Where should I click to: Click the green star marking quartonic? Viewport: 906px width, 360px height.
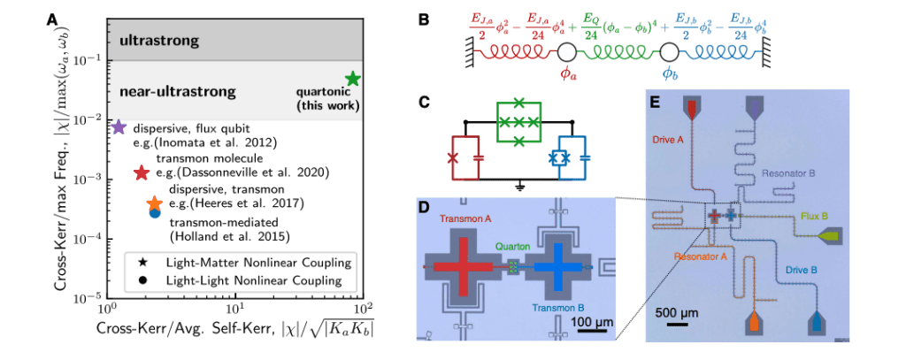coord(352,79)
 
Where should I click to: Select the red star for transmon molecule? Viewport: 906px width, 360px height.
coord(140,173)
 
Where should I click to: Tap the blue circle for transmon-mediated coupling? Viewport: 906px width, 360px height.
coord(155,212)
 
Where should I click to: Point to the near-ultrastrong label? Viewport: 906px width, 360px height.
coord(177,92)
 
